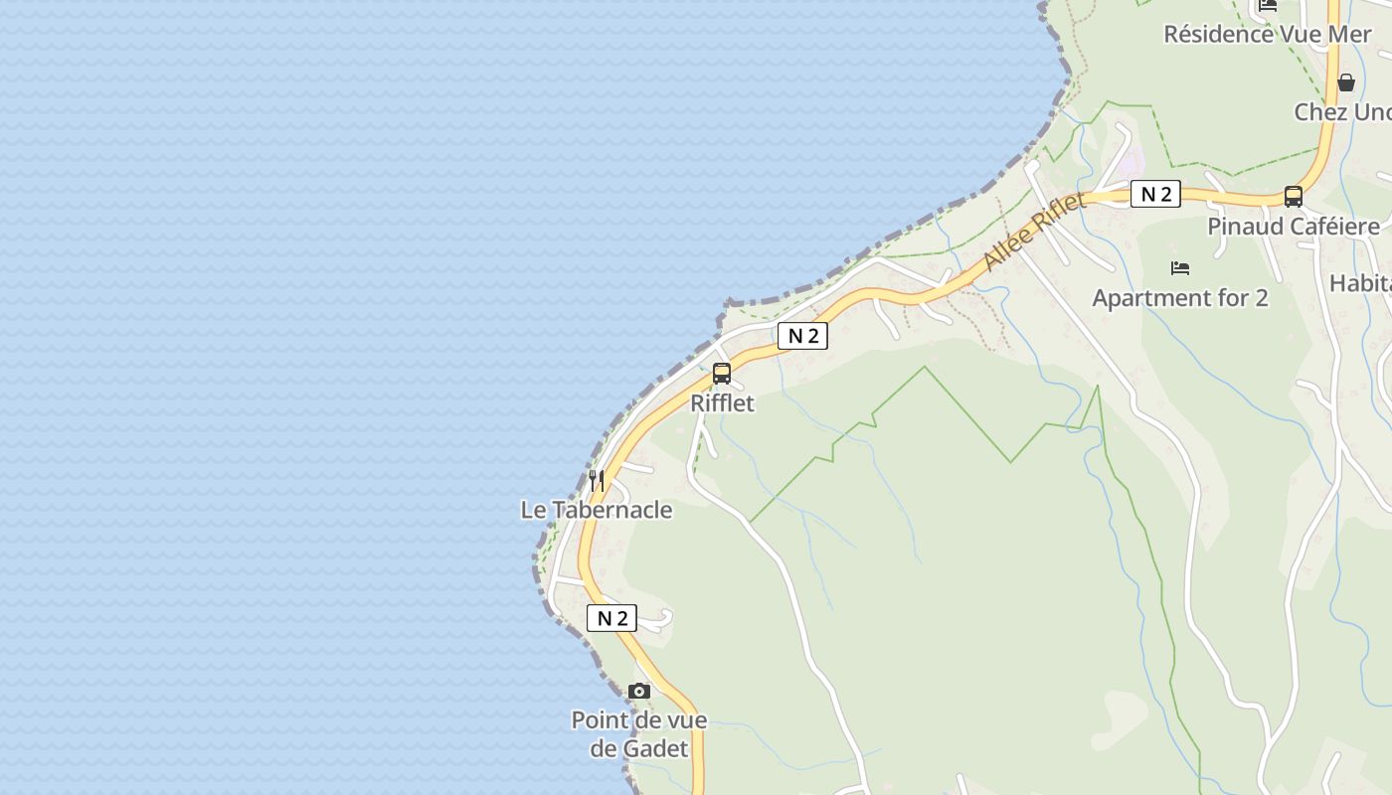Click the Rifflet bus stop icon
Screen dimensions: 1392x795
click(x=722, y=374)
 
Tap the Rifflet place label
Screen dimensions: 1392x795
click(x=722, y=403)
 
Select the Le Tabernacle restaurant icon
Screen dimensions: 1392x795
click(x=597, y=481)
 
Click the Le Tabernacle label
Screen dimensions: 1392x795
click(x=597, y=510)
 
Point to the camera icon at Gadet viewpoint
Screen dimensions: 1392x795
click(x=639, y=691)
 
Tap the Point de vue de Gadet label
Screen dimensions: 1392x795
click(x=638, y=733)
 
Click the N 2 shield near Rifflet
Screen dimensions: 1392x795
click(x=802, y=336)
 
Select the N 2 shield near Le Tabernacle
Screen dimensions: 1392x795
click(x=611, y=618)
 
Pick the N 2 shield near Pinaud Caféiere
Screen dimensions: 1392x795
click(x=1155, y=194)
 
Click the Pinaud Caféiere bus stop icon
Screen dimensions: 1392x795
click(x=1293, y=196)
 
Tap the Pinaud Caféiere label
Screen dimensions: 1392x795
click(x=1293, y=227)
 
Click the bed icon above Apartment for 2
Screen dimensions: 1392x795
click(x=1180, y=267)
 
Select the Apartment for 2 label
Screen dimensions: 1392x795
click(x=1180, y=298)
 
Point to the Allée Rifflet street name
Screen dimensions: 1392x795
click(x=1034, y=231)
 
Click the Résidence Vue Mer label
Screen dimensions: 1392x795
click(x=1267, y=34)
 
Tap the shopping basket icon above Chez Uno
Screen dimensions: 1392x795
click(x=1346, y=82)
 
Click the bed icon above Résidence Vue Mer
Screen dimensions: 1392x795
click(x=1268, y=5)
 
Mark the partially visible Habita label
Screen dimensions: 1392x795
click(x=1360, y=283)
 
